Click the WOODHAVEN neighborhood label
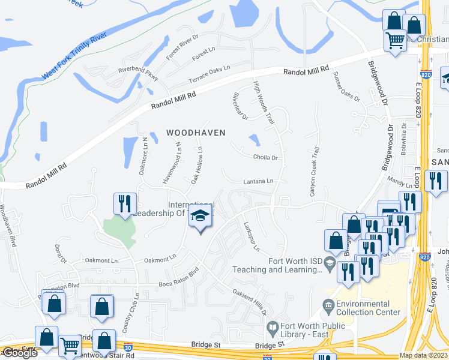click(196, 133)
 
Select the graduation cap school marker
click(200, 217)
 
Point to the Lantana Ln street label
click(258, 181)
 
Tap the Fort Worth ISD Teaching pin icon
click(330, 263)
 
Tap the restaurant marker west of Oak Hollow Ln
click(125, 203)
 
